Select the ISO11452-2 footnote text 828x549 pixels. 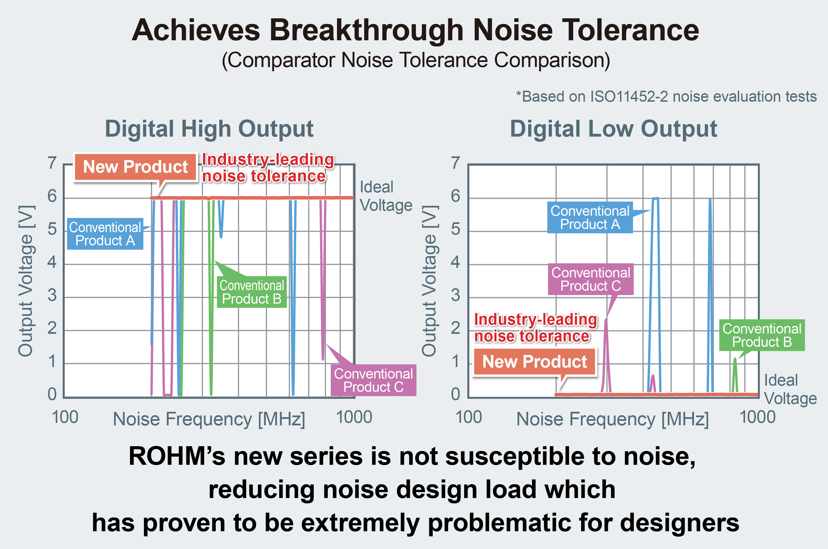[x=666, y=96]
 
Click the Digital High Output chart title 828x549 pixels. [x=209, y=129]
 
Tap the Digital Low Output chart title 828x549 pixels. [x=613, y=129]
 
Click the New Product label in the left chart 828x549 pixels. [x=135, y=167]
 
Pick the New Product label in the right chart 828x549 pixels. [x=534, y=362]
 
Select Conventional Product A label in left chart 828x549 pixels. [x=105, y=234]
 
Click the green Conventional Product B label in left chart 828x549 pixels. [x=252, y=292]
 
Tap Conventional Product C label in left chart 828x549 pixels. [x=373, y=380]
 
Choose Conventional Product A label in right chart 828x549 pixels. [x=590, y=217]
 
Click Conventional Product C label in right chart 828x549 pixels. [x=590, y=279]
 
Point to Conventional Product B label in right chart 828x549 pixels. [x=762, y=335]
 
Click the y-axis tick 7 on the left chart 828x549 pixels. [x=52, y=163]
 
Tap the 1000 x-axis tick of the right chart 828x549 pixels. [x=757, y=417]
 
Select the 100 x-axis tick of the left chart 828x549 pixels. [x=65, y=417]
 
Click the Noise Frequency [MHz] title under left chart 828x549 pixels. [x=209, y=419]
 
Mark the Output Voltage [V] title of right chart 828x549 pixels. [x=429, y=281]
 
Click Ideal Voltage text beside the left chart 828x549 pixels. [x=386, y=196]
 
